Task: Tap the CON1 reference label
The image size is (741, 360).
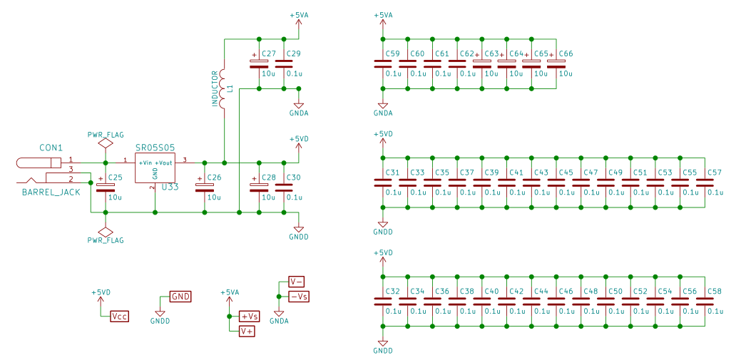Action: pyautogui.click(x=51, y=148)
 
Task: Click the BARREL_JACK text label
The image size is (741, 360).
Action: pyautogui.click(x=51, y=192)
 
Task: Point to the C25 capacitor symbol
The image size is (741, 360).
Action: pyautogui.click(x=106, y=187)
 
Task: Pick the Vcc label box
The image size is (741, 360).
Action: pyautogui.click(x=119, y=316)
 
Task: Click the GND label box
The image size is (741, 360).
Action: pyautogui.click(x=180, y=297)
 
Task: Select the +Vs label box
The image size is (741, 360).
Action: pyautogui.click(x=249, y=316)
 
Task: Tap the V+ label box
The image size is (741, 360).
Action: pyautogui.click(x=247, y=331)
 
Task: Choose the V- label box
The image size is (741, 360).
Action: pyautogui.click(x=296, y=281)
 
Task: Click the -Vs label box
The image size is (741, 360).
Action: pyautogui.click(x=298, y=297)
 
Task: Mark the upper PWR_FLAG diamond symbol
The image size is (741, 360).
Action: pyautogui.click(x=106, y=143)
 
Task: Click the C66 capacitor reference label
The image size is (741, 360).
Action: pyautogui.click(x=566, y=54)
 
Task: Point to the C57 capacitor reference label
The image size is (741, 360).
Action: pyautogui.click(x=715, y=173)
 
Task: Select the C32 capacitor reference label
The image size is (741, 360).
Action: pyautogui.click(x=392, y=292)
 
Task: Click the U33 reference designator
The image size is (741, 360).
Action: pyautogui.click(x=170, y=187)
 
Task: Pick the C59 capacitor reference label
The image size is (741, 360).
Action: pyautogui.click(x=392, y=54)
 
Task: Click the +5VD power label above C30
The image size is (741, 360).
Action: pyautogui.click(x=299, y=139)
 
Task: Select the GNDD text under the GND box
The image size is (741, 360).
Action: pyautogui.click(x=160, y=322)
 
